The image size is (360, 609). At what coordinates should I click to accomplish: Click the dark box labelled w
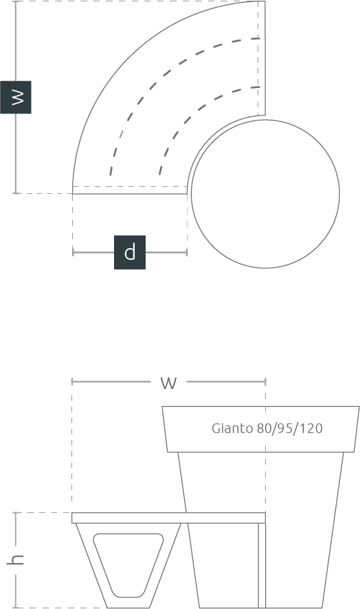[16, 97]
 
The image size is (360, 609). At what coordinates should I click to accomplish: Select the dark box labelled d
[130, 252]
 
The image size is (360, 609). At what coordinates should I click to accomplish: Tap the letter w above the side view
[168, 383]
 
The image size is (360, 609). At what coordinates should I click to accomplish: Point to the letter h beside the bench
[16, 560]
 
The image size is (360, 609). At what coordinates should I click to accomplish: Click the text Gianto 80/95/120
[267, 428]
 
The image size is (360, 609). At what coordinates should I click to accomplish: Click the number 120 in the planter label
[311, 428]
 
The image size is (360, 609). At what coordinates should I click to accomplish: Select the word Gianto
[232, 428]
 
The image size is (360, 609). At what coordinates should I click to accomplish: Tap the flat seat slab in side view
[168, 518]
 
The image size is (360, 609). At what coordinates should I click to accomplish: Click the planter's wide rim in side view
[260, 429]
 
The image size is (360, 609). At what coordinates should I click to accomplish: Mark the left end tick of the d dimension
[73, 252]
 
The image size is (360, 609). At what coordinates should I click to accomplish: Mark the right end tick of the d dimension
[187, 252]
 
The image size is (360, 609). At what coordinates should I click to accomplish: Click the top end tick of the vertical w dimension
[16, 1]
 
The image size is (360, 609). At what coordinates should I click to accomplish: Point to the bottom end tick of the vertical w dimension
[16, 192]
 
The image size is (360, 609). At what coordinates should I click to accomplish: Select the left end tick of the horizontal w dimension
[72, 381]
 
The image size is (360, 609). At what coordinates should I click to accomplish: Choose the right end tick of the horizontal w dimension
[265, 381]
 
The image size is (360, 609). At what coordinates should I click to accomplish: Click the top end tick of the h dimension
[16, 513]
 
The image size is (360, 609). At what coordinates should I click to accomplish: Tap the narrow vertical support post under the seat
[262, 566]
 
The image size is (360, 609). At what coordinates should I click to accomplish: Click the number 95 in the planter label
[284, 428]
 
